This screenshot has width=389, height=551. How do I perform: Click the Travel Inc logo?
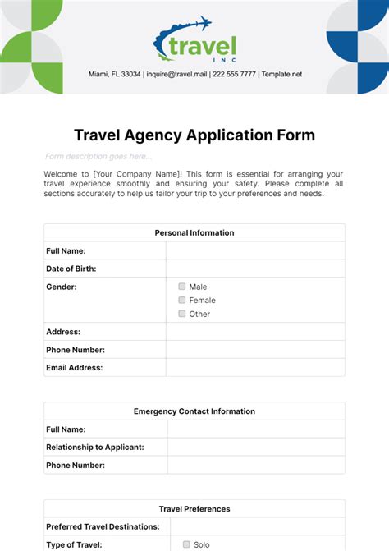click(x=194, y=41)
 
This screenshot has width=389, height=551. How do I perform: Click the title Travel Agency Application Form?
click(x=194, y=135)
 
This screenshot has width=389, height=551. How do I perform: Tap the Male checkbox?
click(x=182, y=287)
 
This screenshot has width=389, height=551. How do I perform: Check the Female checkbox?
click(x=182, y=301)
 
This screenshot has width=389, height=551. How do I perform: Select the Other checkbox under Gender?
click(x=182, y=314)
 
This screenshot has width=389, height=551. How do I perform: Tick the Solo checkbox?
click(x=186, y=544)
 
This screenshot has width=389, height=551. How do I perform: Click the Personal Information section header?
click(x=194, y=232)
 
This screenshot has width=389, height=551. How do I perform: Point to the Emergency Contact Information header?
click(x=194, y=411)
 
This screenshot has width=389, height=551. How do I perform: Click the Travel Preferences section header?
click(x=194, y=509)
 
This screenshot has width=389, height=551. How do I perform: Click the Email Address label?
click(x=75, y=368)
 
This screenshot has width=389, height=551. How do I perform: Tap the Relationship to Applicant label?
click(x=95, y=448)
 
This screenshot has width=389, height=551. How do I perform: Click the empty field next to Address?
click(x=255, y=332)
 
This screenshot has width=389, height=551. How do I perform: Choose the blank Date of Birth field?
click(x=255, y=269)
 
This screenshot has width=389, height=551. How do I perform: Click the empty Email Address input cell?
click(x=255, y=368)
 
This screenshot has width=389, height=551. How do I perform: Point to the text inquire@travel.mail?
click(x=176, y=74)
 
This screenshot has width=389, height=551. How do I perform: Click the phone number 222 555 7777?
click(x=233, y=74)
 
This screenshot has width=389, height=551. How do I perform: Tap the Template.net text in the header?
click(x=281, y=74)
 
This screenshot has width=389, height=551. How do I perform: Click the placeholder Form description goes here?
click(x=98, y=157)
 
